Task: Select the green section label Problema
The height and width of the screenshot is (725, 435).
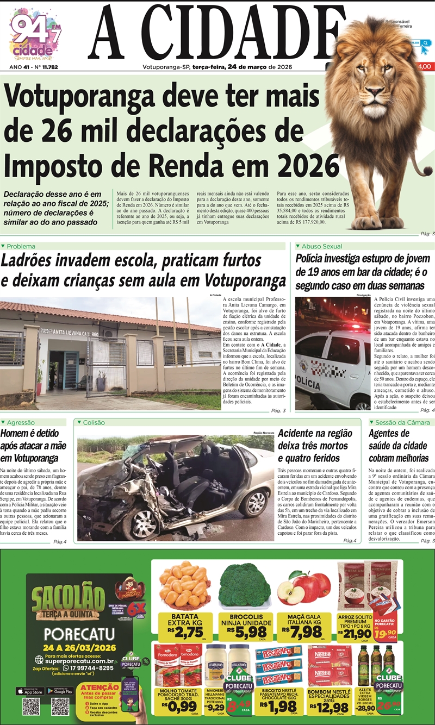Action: click(x=21, y=246)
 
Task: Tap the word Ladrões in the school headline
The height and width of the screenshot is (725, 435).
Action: click(x=32, y=261)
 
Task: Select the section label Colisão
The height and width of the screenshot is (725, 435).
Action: click(x=95, y=422)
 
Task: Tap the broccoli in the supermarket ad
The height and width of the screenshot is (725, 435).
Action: click(x=245, y=584)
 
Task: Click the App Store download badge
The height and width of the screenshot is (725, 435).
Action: click(x=30, y=691)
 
